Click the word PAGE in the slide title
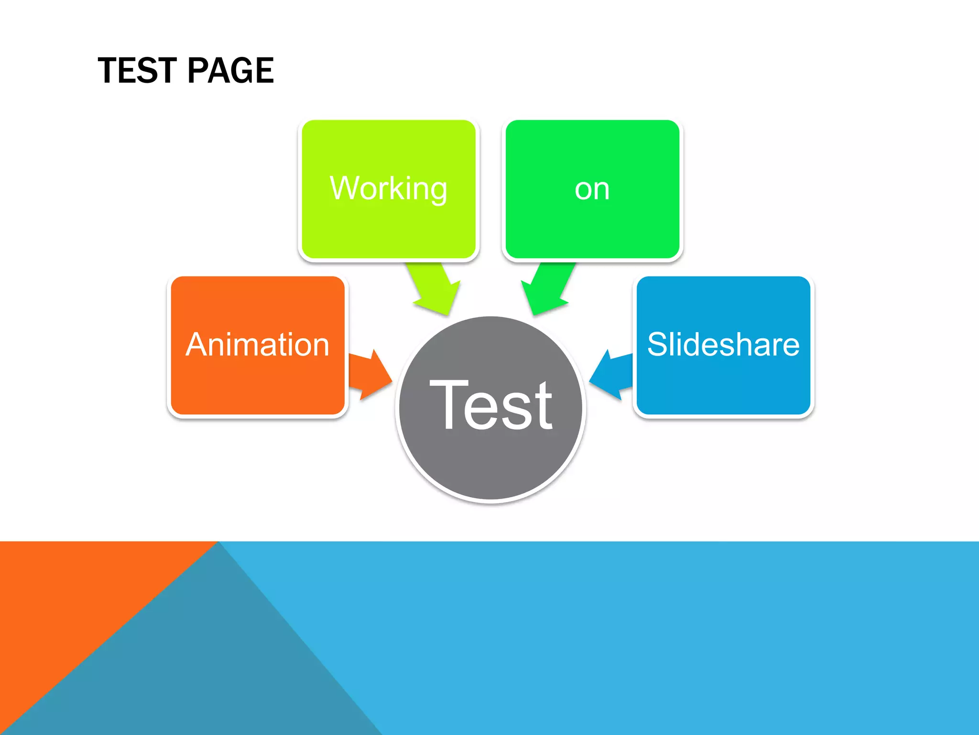pyautogui.click(x=230, y=70)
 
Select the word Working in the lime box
pyautogui.click(x=388, y=189)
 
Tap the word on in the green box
pyautogui.click(x=592, y=189)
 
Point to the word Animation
pyautogui.click(x=257, y=345)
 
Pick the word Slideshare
pyautogui.click(x=723, y=345)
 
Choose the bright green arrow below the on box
pyautogui.click(x=547, y=290)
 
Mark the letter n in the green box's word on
pyautogui.click(x=601, y=190)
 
